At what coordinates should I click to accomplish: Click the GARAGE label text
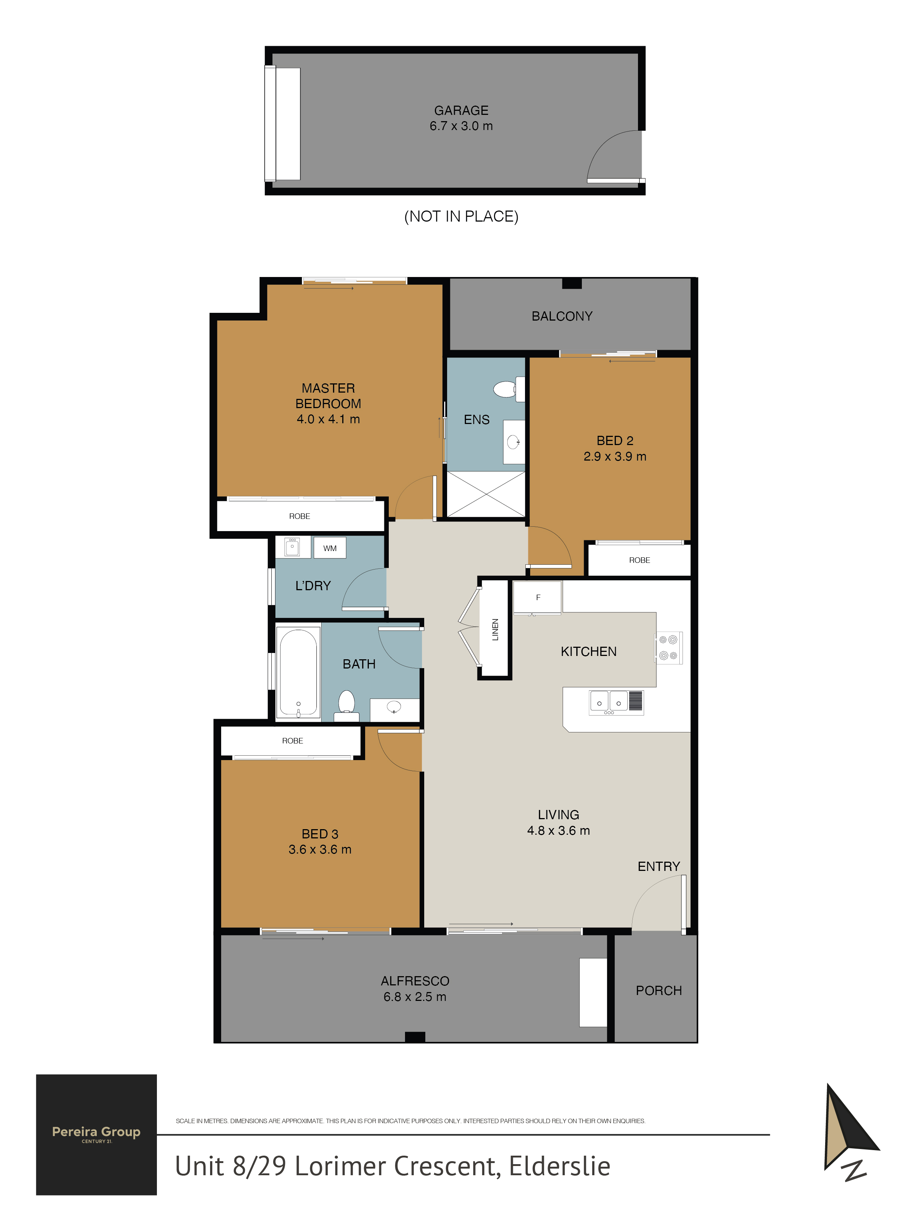[x=461, y=110]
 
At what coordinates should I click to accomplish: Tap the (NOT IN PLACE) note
[x=461, y=216]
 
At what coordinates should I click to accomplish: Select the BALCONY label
[x=562, y=316]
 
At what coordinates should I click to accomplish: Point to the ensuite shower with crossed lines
[x=486, y=494]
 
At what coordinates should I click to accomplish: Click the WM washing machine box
[x=330, y=548]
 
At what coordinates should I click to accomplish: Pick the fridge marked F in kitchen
[x=538, y=597]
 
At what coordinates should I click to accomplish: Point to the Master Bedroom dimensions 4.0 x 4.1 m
[x=328, y=419]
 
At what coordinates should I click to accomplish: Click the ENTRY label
[x=659, y=866]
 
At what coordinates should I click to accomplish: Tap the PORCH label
[x=659, y=991]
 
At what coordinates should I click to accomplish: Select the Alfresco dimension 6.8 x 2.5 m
[x=415, y=997]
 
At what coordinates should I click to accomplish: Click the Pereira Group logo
[x=96, y=1135]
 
